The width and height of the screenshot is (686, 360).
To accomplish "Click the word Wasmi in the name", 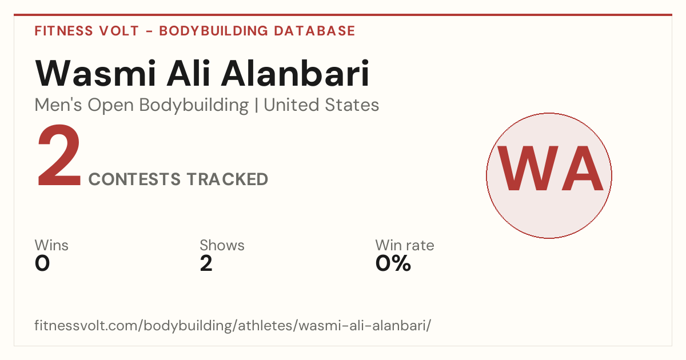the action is point(96,73).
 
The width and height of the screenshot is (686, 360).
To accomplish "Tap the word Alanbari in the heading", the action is point(295,73).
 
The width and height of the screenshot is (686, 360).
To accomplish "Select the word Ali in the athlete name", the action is point(189,73).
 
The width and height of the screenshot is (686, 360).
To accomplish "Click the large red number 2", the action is point(59,155).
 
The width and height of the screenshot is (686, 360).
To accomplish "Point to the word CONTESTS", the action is point(134,179).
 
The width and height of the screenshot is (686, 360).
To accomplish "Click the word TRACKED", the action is point(228,179).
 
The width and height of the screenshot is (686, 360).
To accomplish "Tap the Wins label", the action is point(51,245).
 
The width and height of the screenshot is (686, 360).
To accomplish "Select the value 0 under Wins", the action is point(42,263).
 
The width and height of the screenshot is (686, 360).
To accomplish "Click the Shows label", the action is point(222,245).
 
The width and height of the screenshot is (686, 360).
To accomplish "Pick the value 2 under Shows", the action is point(206,263).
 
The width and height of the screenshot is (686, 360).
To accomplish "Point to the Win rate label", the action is point(405,245).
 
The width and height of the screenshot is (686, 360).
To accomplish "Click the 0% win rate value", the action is point(393,263).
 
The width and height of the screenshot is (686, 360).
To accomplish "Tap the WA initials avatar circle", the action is point(549,175).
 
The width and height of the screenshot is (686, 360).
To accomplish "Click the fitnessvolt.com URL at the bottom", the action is point(233,325).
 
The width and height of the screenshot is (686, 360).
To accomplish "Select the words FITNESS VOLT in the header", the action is point(87,31).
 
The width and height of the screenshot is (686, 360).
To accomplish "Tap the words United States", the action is point(321,105).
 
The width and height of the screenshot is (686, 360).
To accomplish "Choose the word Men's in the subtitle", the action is point(58,105).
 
